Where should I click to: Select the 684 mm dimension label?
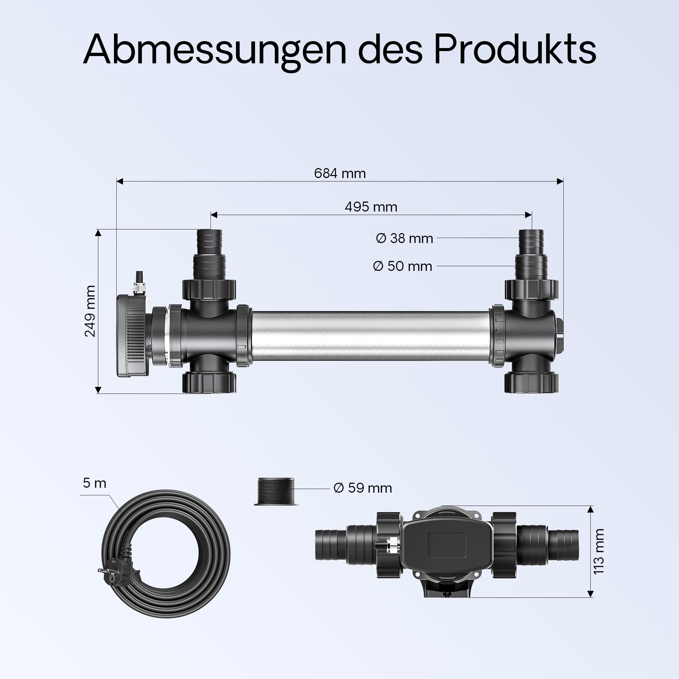(x=339, y=173)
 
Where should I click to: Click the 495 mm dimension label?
(x=371, y=207)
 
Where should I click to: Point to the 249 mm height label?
(x=90, y=311)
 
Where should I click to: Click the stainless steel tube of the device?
(x=371, y=337)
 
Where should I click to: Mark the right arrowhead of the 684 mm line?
(x=560, y=181)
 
